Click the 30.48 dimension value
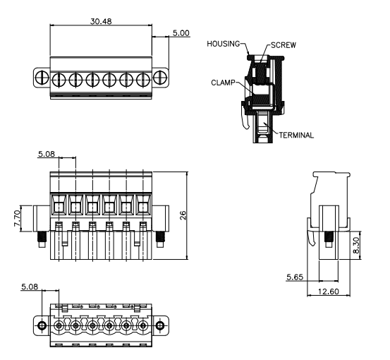click(101, 21)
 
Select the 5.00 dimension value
click(181, 33)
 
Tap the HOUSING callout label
click(223, 44)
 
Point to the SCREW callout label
click(284, 45)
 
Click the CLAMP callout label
click(223, 83)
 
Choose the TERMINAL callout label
click(296, 136)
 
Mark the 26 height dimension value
click(183, 215)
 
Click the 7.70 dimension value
click(17, 218)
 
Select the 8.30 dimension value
click(356, 246)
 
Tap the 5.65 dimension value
click(295, 277)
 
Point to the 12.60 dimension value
click(329, 292)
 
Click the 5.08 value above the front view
click(47, 154)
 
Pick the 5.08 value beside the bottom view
click(30, 287)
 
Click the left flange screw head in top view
click(42, 78)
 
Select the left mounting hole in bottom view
click(42, 325)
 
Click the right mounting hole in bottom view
click(159, 325)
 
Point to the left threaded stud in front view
click(42, 239)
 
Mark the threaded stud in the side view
click(329, 239)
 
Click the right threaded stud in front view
click(160, 239)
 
